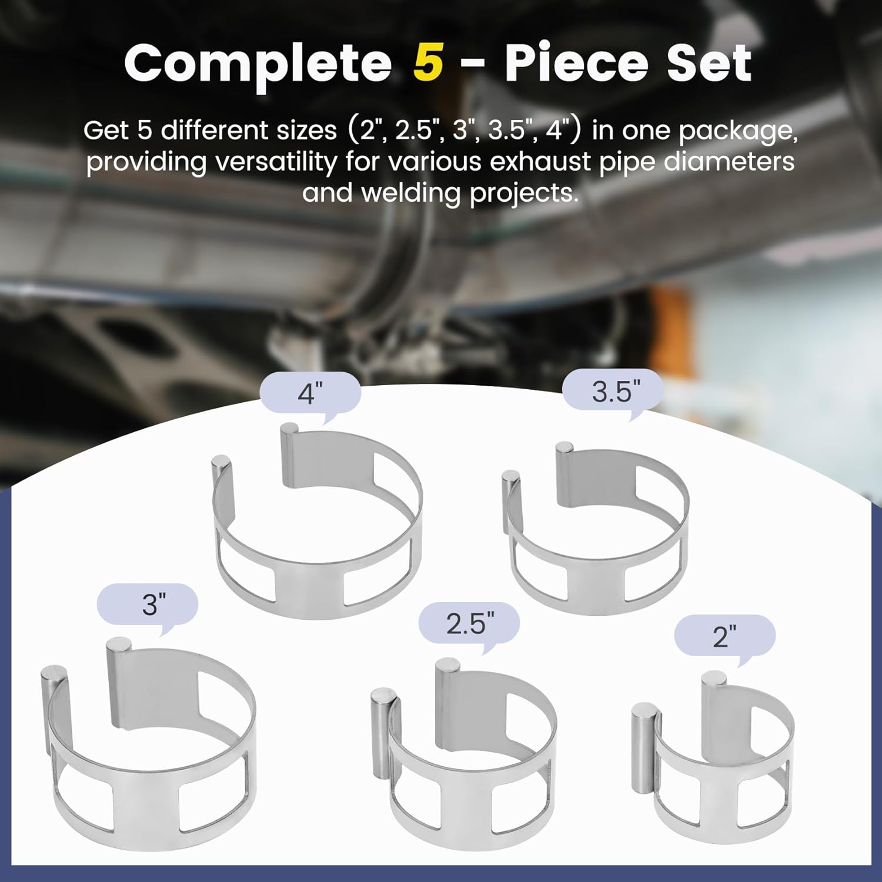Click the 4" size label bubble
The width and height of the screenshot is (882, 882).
[310, 393]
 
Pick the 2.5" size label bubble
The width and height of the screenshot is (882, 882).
[469, 623]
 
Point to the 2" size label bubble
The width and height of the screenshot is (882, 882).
[724, 636]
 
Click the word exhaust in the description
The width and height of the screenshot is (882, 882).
[540, 161]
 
